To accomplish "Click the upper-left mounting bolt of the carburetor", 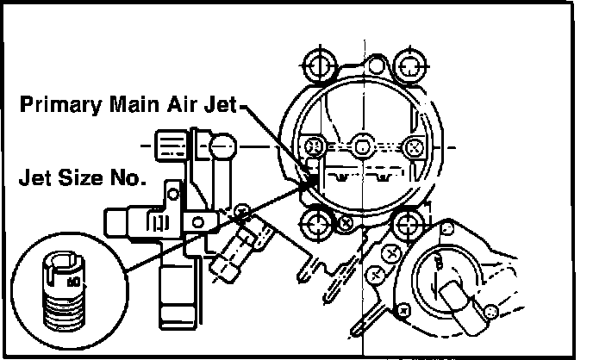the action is [x=315, y=64].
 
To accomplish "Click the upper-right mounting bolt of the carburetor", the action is [x=407, y=64].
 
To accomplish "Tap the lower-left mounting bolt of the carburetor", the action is [x=315, y=226].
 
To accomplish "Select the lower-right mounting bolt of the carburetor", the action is [x=406, y=226].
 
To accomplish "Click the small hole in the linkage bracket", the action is [x=197, y=222].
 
